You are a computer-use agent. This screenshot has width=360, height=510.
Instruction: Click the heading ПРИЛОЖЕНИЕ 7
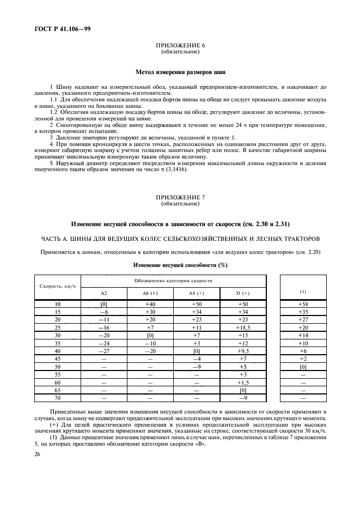(180, 198)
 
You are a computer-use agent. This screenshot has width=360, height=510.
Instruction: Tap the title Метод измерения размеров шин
(180, 71)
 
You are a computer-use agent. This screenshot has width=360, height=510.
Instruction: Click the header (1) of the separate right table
(303, 291)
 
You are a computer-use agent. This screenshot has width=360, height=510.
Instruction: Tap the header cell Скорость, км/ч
(58, 286)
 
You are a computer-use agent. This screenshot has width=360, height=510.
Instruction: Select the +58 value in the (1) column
(303, 303)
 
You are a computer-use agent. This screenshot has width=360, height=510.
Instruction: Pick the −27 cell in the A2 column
(104, 351)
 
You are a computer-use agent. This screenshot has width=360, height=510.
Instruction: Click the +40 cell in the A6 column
(150, 303)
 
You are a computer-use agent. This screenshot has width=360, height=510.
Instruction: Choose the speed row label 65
(58, 391)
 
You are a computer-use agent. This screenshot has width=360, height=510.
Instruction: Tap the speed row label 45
(58, 359)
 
